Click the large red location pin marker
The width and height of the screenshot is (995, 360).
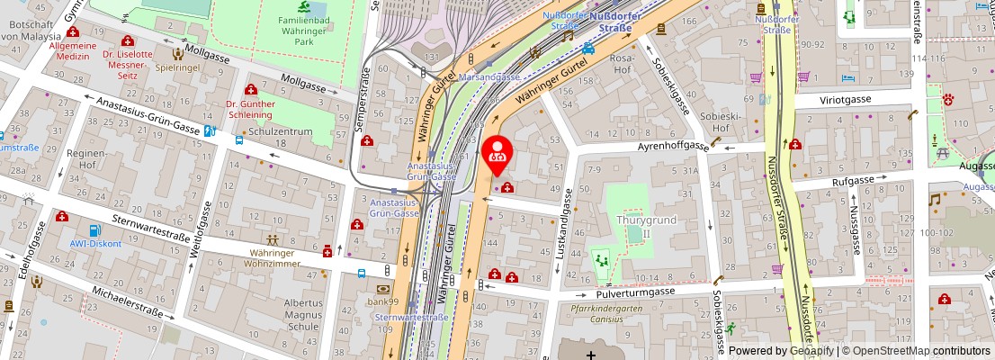tap(497, 153)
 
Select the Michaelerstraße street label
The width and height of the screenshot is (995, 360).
tap(126, 303)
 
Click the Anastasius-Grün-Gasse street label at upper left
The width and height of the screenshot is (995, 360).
tap(148, 117)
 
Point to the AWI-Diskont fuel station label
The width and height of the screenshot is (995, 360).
tap(95, 243)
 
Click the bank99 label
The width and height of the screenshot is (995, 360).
tap(381, 301)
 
